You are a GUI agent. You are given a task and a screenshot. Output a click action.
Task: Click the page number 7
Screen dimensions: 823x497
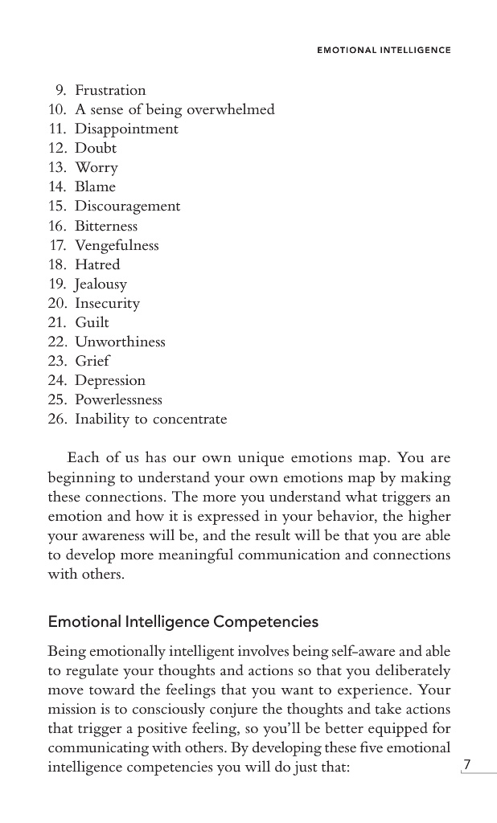point(466,764)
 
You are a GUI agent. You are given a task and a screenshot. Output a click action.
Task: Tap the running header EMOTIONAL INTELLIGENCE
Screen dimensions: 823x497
point(384,50)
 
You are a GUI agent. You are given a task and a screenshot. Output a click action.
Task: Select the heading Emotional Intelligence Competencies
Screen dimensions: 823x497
point(183,622)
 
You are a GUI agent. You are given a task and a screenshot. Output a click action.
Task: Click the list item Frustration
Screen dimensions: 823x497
point(110,90)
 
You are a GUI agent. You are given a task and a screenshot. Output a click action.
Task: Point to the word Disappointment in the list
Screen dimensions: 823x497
point(126,129)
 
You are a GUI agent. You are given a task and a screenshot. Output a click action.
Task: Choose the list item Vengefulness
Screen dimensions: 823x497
point(117,245)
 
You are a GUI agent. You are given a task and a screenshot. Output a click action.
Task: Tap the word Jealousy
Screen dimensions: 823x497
point(101,284)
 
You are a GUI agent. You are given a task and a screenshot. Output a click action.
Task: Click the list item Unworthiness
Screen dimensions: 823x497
point(120,342)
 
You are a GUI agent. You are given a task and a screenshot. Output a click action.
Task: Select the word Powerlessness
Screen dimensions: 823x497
point(118,399)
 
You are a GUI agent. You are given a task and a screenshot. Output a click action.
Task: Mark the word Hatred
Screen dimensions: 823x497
point(97,264)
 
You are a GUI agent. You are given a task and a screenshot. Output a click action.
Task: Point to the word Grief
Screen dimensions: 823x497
point(92,361)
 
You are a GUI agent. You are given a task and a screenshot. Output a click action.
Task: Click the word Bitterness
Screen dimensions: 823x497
point(106,226)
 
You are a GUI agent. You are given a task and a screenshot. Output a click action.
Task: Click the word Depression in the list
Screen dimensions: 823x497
point(110,380)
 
